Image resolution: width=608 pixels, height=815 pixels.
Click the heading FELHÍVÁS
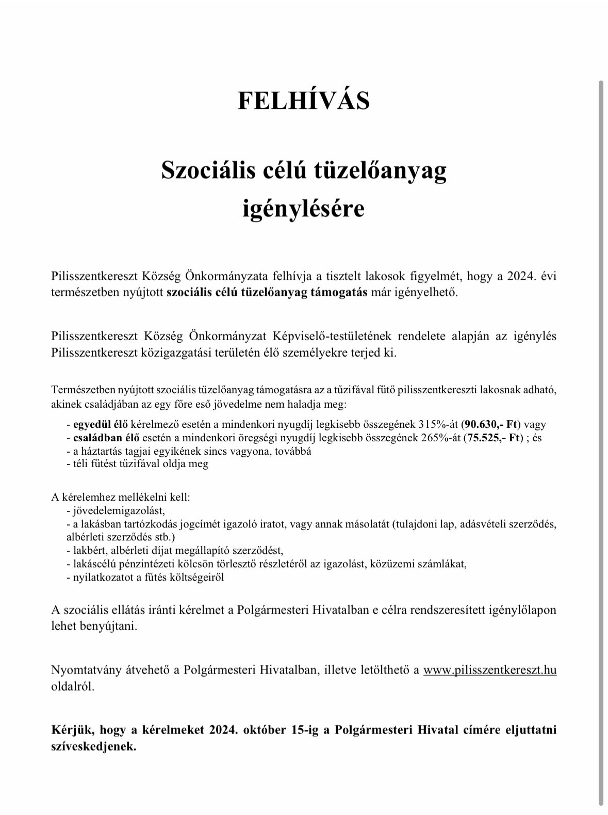[x=303, y=100]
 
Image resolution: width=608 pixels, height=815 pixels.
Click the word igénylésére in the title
[x=303, y=210]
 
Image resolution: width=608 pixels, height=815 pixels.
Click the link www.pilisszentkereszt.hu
[x=489, y=670]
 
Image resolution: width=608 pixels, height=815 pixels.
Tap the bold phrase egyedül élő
[x=101, y=425]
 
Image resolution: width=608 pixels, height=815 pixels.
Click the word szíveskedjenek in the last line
[x=93, y=746]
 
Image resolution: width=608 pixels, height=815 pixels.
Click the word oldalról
[x=73, y=686]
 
